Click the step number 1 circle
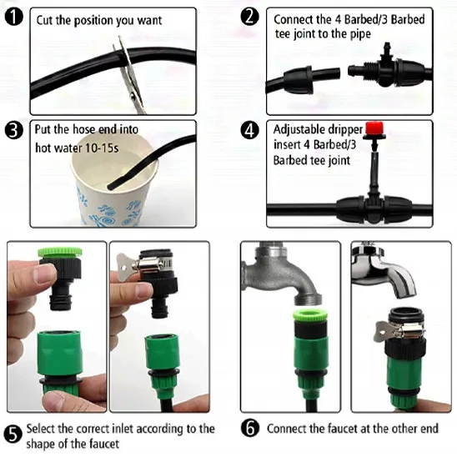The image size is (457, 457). click(x=14, y=17)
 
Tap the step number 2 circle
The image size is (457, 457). click(x=250, y=17)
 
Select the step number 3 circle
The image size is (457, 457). click(x=14, y=130)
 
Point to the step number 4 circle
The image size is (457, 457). click(x=250, y=130)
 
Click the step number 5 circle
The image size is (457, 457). click(x=13, y=434)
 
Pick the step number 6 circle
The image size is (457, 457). click(x=250, y=429)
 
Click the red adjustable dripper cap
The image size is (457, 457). click(x=374, y=128)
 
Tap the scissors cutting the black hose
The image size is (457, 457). click(x=129, y=75)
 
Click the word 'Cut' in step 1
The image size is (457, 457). click(x=45, y=20)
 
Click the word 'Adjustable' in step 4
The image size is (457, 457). click(x=297, y=130)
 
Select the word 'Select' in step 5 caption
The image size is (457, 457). click(x=41, y=429)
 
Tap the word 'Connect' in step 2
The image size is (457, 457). click(x=294, y=19)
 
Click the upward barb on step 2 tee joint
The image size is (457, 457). click(x=387, y=48)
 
